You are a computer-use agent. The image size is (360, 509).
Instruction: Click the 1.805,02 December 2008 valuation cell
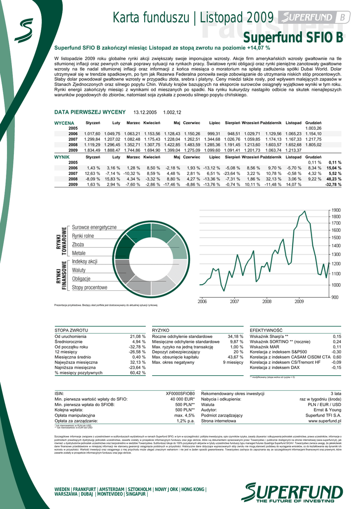(x=313, y=145)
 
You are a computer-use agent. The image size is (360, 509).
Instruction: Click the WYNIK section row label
(x=62, y=157)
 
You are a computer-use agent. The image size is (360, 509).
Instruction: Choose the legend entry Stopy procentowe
(x=89, y=287)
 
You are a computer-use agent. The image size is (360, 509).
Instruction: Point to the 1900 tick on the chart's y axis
(x=336, y=210)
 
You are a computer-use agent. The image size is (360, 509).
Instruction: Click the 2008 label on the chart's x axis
(x=267, y=301)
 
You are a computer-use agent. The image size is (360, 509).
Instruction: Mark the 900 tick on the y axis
(x=336, y=297)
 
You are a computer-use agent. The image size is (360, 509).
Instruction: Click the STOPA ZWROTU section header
(x=71, y=330)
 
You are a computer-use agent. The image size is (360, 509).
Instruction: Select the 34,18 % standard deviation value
(x=235, y=337)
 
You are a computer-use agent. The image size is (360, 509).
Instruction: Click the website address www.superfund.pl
(x=325, y=421)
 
